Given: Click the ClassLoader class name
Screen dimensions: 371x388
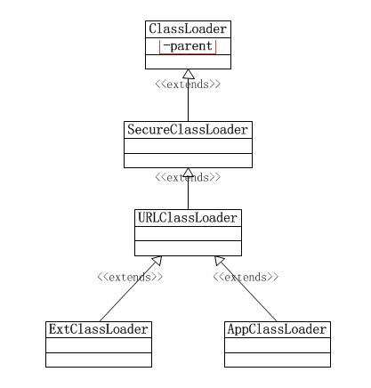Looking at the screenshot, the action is pyautogui.click(x=188, y=29).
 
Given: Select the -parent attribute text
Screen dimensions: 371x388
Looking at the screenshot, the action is pyautogui.click(x=188, y=46).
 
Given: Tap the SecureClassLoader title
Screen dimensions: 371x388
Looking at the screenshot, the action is pyautogui.click(x=188, y=130).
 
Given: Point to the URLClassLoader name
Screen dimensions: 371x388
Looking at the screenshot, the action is pyautogui.click(x=188, y=218).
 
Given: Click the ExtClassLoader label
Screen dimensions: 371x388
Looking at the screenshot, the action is pyautogui.click(x=99, y=329).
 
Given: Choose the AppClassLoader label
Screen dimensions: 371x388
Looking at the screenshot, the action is pyautogui.click(x=278, y=329).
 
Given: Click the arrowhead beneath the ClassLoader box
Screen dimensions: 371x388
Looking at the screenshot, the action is pyautogui.click(x=189, y=74).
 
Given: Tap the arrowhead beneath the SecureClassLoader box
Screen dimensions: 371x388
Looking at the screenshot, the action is pyautogui.click(x=189, y=173).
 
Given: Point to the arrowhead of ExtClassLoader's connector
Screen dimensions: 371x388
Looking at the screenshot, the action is pyautogui.click(x=157, y=261).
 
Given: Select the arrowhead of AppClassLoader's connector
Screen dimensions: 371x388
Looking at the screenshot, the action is pyautogui.click(x=220, y=261).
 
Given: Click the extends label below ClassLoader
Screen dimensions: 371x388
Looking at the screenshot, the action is pyautogui.click(x=188, y=85).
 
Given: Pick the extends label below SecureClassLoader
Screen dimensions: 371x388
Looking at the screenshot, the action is pyautogui.click(x=188, y=177).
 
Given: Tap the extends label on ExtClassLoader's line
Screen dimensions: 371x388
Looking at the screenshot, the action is pyautogui.click(x=130, y=277).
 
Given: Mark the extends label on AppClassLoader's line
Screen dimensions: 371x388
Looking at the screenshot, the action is pyautogui.click(x=246, y=277).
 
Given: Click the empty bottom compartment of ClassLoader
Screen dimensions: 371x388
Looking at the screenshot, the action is pyautogui.click(x=188, y=61).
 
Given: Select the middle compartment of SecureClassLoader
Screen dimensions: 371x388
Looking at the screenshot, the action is pyautogui.click(x=188, y=146).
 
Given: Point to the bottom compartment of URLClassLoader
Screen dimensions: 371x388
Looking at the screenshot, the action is pyautogui.click(x=188, y=248).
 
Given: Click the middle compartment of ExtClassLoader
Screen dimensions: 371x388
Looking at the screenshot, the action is pyautogui.click(x=99, y=345).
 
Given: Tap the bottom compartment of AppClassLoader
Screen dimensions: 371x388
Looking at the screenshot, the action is pyautogui.click(x=278, y=360).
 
